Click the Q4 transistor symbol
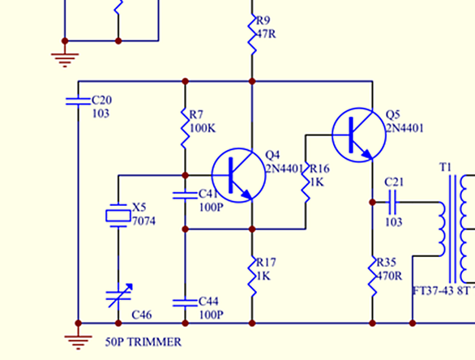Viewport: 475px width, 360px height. coord(238,175)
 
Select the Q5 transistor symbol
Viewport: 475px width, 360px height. coord(359,135)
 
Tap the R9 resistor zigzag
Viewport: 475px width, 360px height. coord(252,35)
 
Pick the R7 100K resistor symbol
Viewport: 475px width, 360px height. coord(186,128)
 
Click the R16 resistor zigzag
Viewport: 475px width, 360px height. coord(306,182)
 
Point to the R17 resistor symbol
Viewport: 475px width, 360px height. coord(252,276)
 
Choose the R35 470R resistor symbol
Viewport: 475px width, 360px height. coord(373,276)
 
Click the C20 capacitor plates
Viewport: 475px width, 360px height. coord(78,101)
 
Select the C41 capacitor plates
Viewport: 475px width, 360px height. coord(185,195)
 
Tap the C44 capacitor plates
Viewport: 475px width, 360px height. coord(185,302)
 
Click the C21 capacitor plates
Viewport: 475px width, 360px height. coord(392,202)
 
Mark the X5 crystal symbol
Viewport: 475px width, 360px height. coord(118,216)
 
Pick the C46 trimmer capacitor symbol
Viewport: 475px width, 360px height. coord(118,296)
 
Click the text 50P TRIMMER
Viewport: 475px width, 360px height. coord(143,342)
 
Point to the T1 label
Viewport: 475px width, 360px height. coord(445,167)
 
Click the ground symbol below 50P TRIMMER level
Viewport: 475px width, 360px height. coord(78,340)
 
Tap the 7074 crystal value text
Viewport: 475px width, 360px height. coord(144,221)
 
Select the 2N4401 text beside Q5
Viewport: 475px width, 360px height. coord(404,128)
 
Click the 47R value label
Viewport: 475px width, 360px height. coord(267,34)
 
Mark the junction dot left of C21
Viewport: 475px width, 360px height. coord(373,202)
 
